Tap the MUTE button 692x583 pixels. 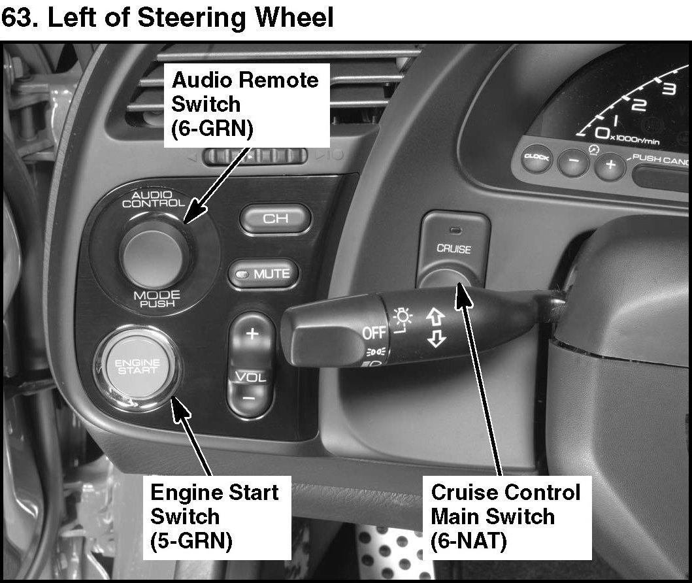[263, 274]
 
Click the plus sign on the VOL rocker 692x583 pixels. [252, 333]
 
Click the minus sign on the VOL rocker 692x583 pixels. [250, 398]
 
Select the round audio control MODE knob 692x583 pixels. [154, 254]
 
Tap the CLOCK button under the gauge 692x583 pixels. [536, 158]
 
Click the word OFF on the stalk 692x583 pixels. [374, 333]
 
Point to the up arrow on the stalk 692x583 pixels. [435, 317]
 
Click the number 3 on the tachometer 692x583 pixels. [668, 88]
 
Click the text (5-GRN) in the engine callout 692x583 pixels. [191, 541]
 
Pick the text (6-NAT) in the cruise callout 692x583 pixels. [469, 541]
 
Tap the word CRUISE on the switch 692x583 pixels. [453, 249]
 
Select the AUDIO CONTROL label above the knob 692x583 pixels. [154, 199]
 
